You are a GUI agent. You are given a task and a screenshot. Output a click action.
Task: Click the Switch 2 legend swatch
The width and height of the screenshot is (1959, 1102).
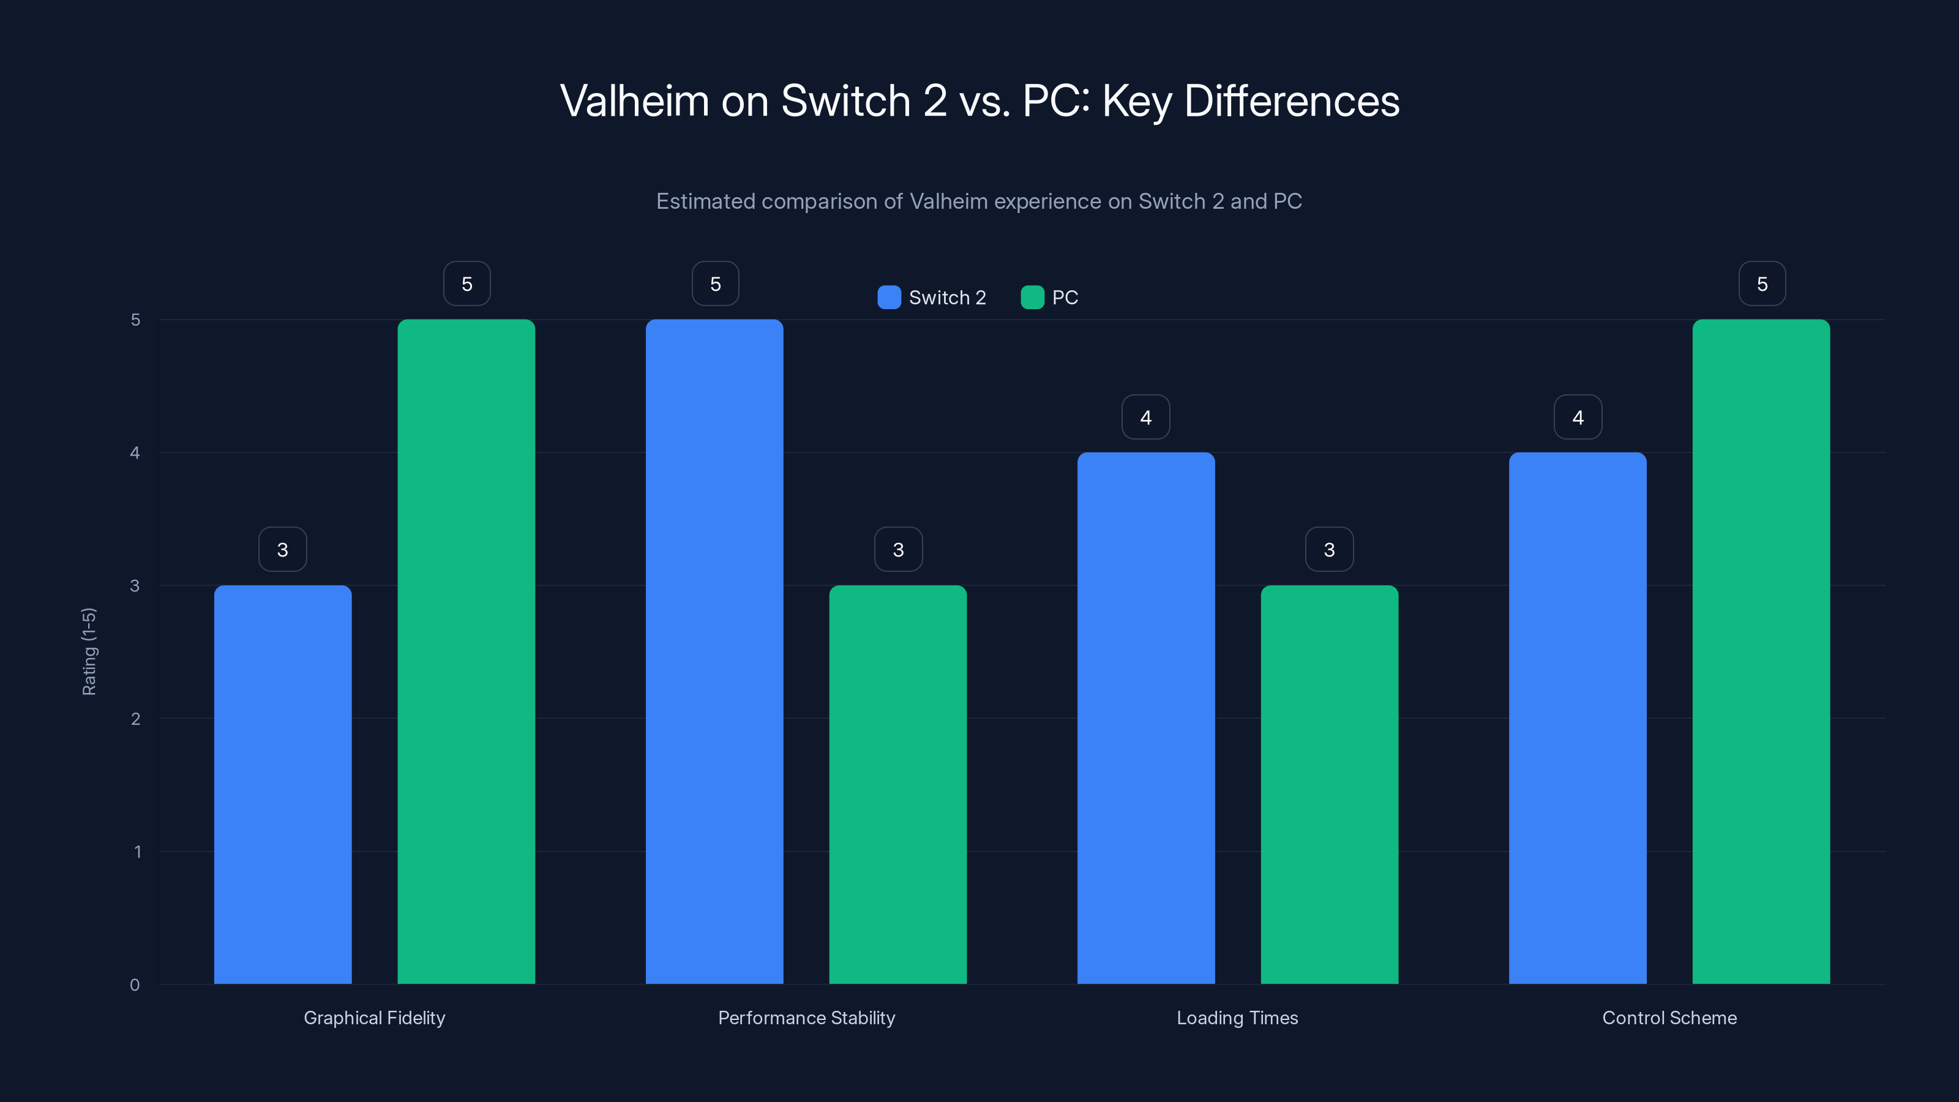tap(888, 298)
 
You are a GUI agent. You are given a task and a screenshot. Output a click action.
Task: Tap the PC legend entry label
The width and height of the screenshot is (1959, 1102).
tap(1064, 298)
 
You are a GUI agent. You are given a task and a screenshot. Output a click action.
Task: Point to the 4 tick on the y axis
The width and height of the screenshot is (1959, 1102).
tap(135, 452)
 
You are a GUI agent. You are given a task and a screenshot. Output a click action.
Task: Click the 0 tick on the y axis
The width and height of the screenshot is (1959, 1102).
tap(135, 985)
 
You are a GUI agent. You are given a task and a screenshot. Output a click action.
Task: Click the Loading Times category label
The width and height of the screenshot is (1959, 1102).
tap(1237, 1018)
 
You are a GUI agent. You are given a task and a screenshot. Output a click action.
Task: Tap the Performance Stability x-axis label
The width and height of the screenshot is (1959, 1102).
tap(806, 1018)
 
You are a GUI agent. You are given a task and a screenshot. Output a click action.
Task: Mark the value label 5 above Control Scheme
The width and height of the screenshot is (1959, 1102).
tap(1761, 283)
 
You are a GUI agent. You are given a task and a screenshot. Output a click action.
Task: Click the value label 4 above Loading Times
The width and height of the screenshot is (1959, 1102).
tap(1145, 417)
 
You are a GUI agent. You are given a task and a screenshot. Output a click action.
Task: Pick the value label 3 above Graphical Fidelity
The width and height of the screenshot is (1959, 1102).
tap(282, 549)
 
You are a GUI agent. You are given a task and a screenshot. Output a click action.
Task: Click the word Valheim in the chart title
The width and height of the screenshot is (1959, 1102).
tap(634, 100)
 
